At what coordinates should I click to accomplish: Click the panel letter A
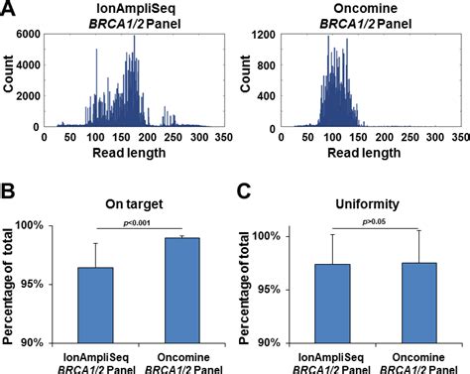[10, 11]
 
